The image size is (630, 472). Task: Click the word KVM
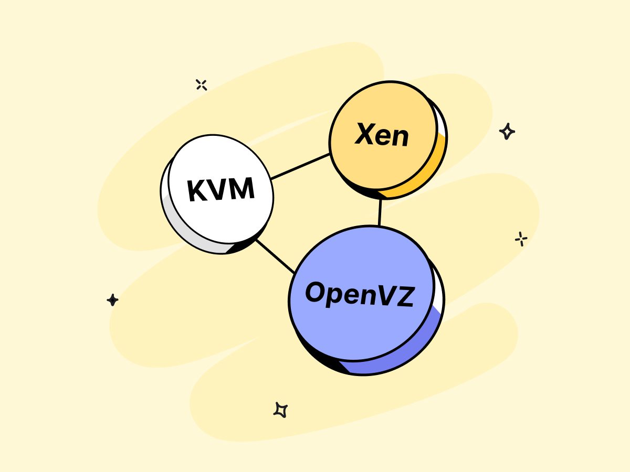click(221, 189)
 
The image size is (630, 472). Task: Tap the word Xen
click(382, 135)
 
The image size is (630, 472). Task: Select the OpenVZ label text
click(360, 295)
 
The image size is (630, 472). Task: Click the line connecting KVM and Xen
click(300, 166)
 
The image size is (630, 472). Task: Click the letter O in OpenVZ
click(317, 292)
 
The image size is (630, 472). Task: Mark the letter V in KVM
click(219, 189)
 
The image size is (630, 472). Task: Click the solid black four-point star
click(112, 300)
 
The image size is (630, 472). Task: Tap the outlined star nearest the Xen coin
click(507, 131)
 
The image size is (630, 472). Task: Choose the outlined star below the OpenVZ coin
click(281, 410)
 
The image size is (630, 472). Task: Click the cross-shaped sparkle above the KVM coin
click(201, 84)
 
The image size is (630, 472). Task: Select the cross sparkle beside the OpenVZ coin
click(521, 239)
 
